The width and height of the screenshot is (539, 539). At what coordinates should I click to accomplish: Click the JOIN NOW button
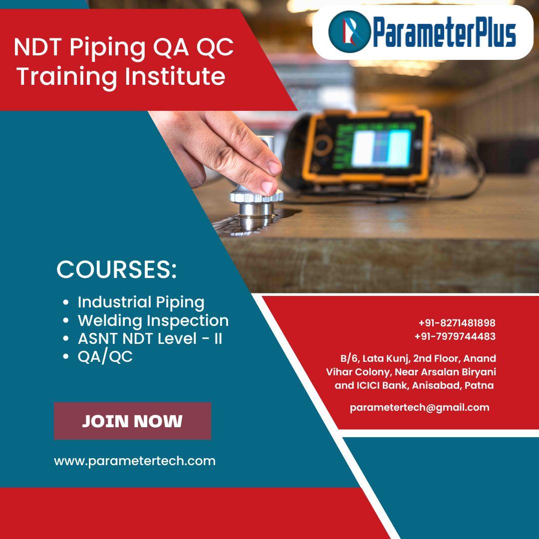click(x=132, y=421)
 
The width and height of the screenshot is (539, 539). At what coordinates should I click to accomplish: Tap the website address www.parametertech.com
click(x=135, y=461)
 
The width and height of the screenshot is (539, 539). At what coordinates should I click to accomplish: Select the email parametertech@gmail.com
click(x=419, y=408)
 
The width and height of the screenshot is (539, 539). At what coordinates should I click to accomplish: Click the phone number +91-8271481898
click(x=457, y=323)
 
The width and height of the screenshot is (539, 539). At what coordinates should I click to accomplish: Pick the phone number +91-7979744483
click(x=455, y=336)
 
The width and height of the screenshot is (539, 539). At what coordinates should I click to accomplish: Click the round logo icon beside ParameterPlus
click(x=349, y=31)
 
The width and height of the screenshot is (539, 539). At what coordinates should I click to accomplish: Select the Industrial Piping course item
click(x=141, y=302)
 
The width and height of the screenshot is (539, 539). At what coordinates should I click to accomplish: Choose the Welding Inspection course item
click(x=153, y=321)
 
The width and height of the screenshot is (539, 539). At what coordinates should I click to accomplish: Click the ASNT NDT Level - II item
click(x=150, y=338)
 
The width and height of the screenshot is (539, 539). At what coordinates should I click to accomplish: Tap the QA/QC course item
click(x=105, y=356)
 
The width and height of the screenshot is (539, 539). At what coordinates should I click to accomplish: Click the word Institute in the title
click(x=175, y=76)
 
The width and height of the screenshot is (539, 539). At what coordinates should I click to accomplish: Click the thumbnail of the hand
click(x=269, y=187)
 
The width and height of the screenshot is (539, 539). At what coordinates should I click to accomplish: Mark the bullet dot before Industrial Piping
click(x=66, y=302)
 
